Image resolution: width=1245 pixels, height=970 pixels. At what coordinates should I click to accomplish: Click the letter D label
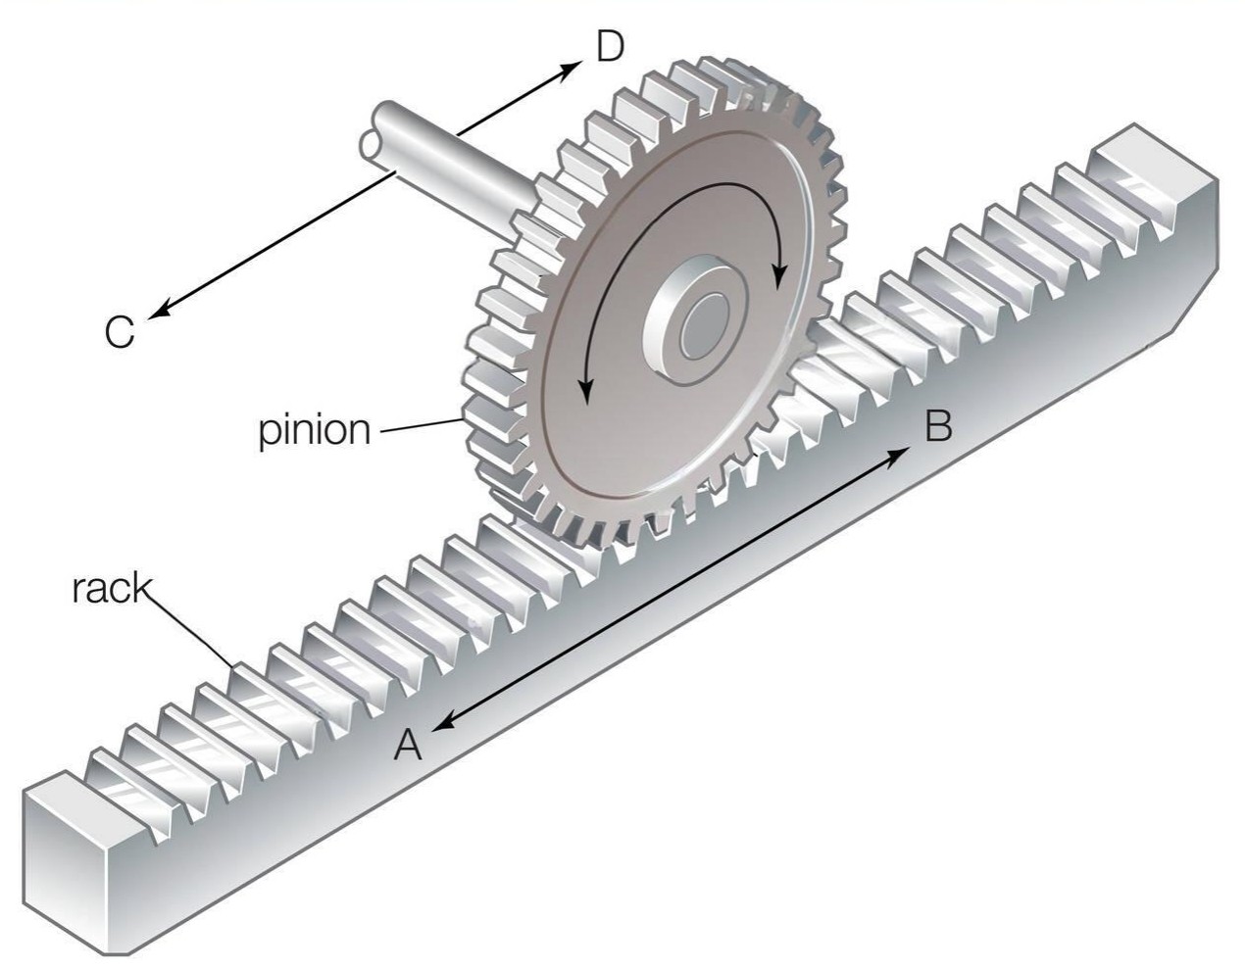(x=609, y=46)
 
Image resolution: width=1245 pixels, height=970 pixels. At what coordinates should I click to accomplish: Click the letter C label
(x=119, y=333)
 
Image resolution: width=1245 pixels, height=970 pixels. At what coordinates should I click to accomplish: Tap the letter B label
(x=938, y=427)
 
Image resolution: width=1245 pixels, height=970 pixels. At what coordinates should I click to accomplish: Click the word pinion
(x=315, y=430)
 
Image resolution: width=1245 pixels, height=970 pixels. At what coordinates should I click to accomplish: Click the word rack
(x=112, y=589)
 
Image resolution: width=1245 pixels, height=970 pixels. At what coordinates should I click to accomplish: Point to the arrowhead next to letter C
(x=160, y=311)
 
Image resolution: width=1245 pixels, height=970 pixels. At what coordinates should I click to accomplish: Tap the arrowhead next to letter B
(x=896, y=453)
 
